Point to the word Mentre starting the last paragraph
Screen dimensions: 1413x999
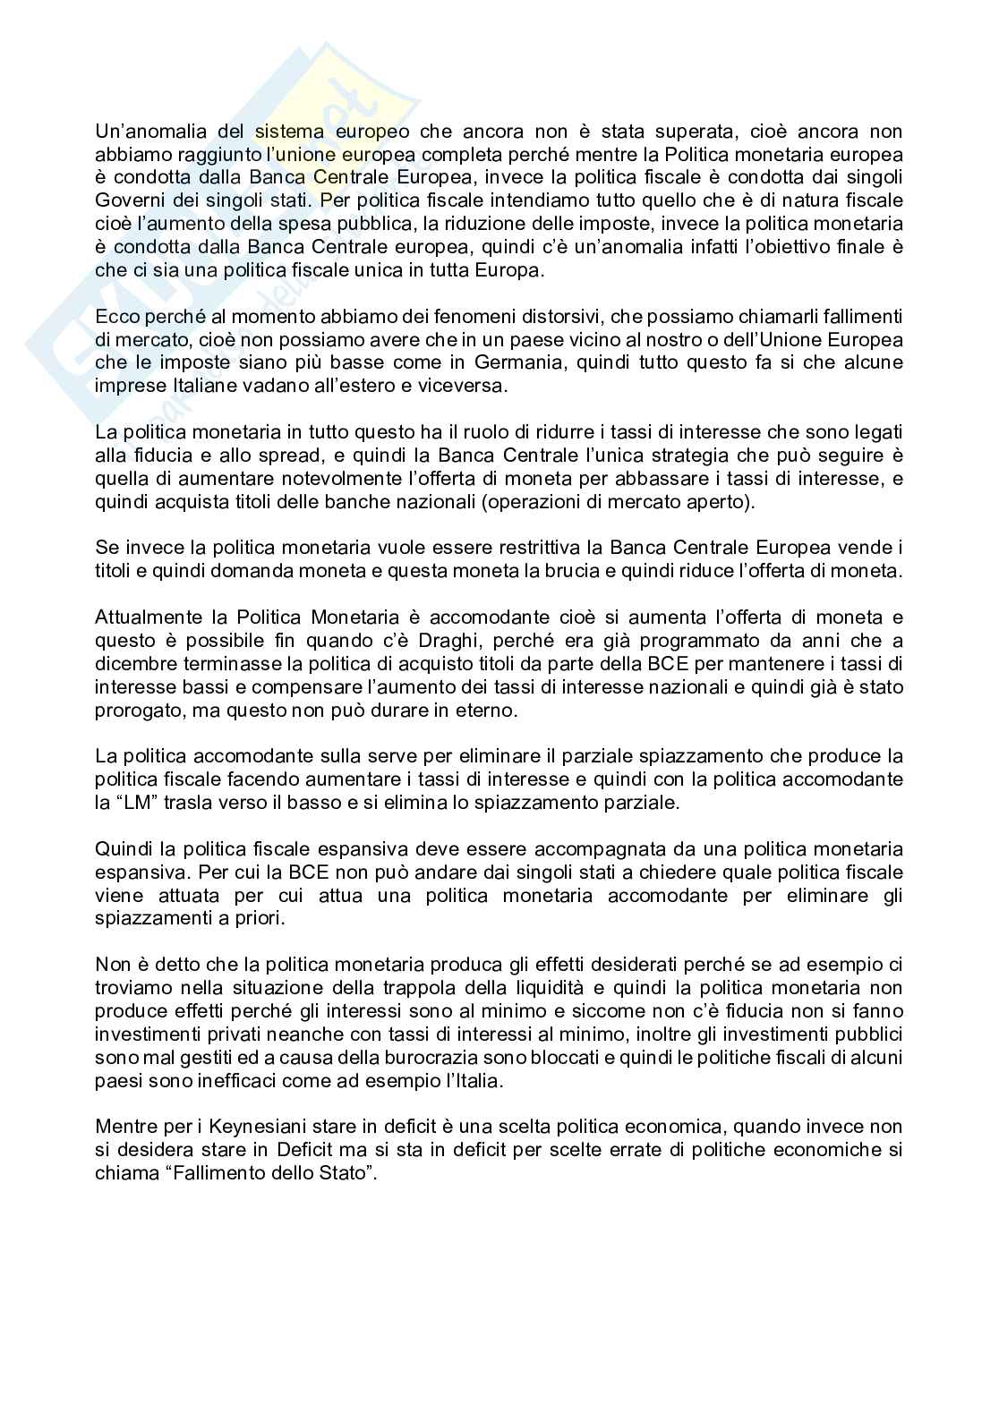(123, 1126)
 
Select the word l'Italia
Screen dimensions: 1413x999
(473, 1080)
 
